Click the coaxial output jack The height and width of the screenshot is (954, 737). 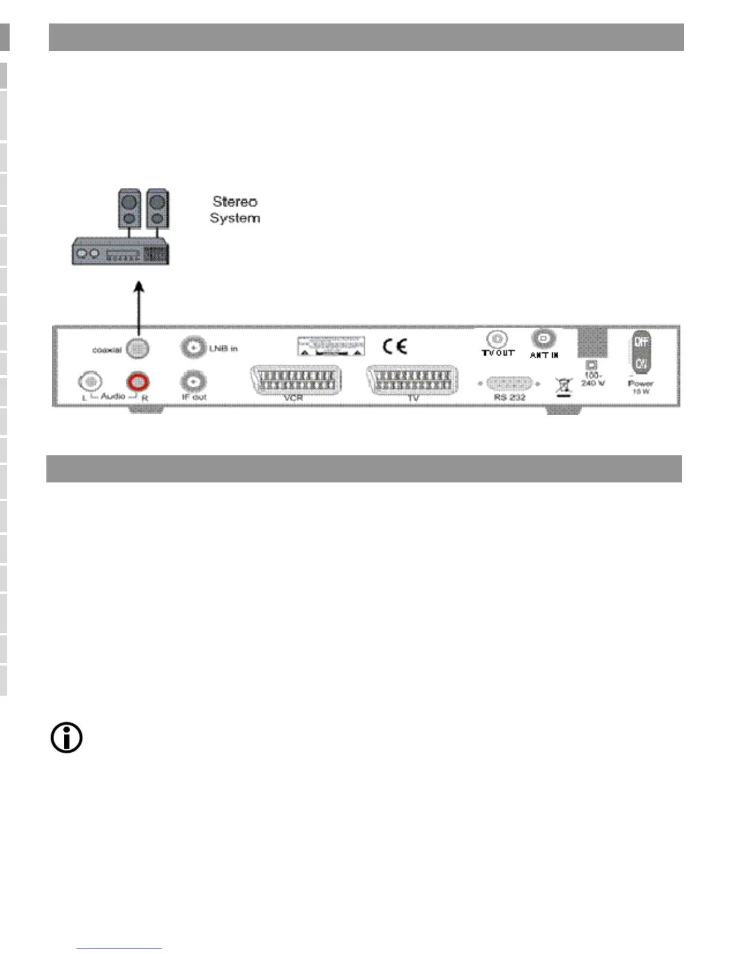pos(137,349)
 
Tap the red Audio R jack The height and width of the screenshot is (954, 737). pos(138,381)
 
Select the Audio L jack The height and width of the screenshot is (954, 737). pos(90,381)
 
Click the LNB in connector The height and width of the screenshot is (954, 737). pos(193,348)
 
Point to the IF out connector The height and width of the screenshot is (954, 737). pos(193,381)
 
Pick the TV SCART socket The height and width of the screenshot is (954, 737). pos(412,381)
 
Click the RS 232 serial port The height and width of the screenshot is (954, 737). pos(509,384)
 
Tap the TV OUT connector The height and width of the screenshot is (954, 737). pos(497,338)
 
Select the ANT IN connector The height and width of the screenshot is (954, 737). pos(543,338)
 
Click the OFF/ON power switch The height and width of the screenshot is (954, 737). pos(641,352)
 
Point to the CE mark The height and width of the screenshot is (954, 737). pos(395,346)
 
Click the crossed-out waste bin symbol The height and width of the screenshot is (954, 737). pos(563,387)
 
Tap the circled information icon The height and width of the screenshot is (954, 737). pos(66,738)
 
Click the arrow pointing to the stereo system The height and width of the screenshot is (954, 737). pos(139,307)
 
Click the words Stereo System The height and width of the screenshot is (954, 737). pos(235,210)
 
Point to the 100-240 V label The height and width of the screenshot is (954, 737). pos(592,379)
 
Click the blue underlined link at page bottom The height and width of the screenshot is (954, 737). pos(119,949)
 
